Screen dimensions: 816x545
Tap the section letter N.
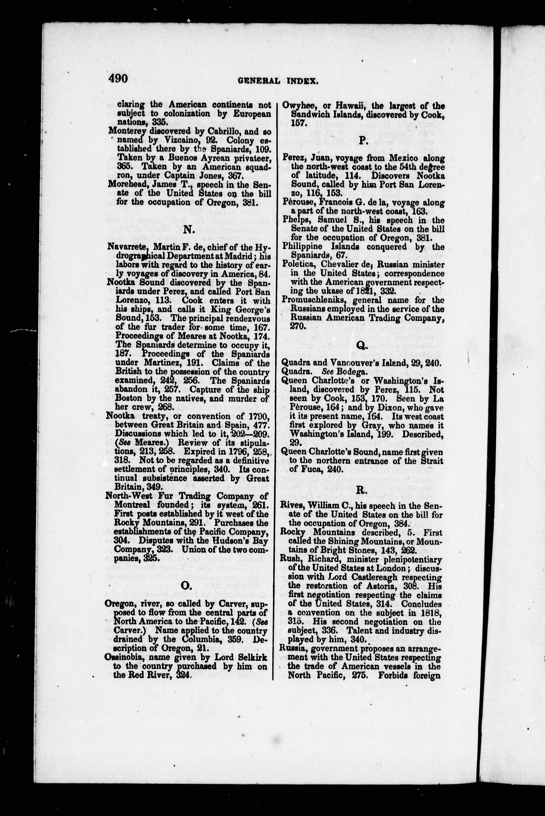(x=188, y=230)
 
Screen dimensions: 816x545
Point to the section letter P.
(x=363, y=140)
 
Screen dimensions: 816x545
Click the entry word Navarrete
(x=123, y=248)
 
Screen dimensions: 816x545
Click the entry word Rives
(x=291, y=506)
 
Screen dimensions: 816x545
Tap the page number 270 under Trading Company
(x=297, y=326)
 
